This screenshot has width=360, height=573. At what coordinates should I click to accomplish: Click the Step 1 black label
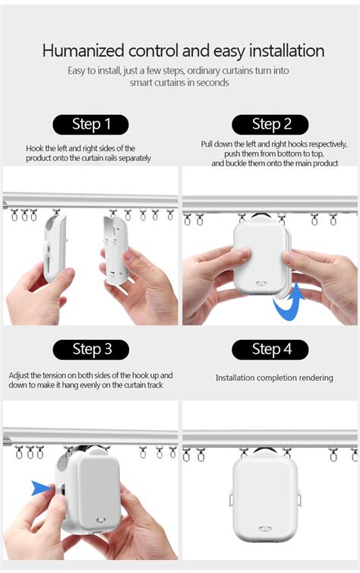click(x=90, y=125)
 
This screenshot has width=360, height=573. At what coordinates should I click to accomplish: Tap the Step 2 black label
click(x=270, y=125)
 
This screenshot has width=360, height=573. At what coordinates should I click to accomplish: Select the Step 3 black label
click(x=91, y=350)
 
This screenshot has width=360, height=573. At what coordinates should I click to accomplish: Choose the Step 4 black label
click(x=270, y=350)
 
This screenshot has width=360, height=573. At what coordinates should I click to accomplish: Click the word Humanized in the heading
click(x=84, y=50)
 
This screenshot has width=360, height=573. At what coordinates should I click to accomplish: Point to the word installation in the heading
click(x=286, y=50)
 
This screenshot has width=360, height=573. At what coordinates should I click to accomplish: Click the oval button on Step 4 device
click(x=264, y=529)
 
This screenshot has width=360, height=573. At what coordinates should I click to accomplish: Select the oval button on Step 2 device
click(x=261, y=283)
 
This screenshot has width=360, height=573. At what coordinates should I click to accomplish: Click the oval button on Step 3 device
click(x=101, y=520)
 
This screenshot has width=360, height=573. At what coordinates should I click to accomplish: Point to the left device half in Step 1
click(x=55, y=249)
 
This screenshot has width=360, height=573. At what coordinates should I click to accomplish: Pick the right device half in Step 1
click(x=116, y=251)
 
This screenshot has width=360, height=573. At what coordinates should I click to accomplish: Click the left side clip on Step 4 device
click(x=231, y=499)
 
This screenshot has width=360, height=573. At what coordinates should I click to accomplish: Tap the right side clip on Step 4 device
click(x=299, y=499)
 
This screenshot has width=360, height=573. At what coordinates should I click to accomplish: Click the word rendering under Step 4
click(x=314, y=378)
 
